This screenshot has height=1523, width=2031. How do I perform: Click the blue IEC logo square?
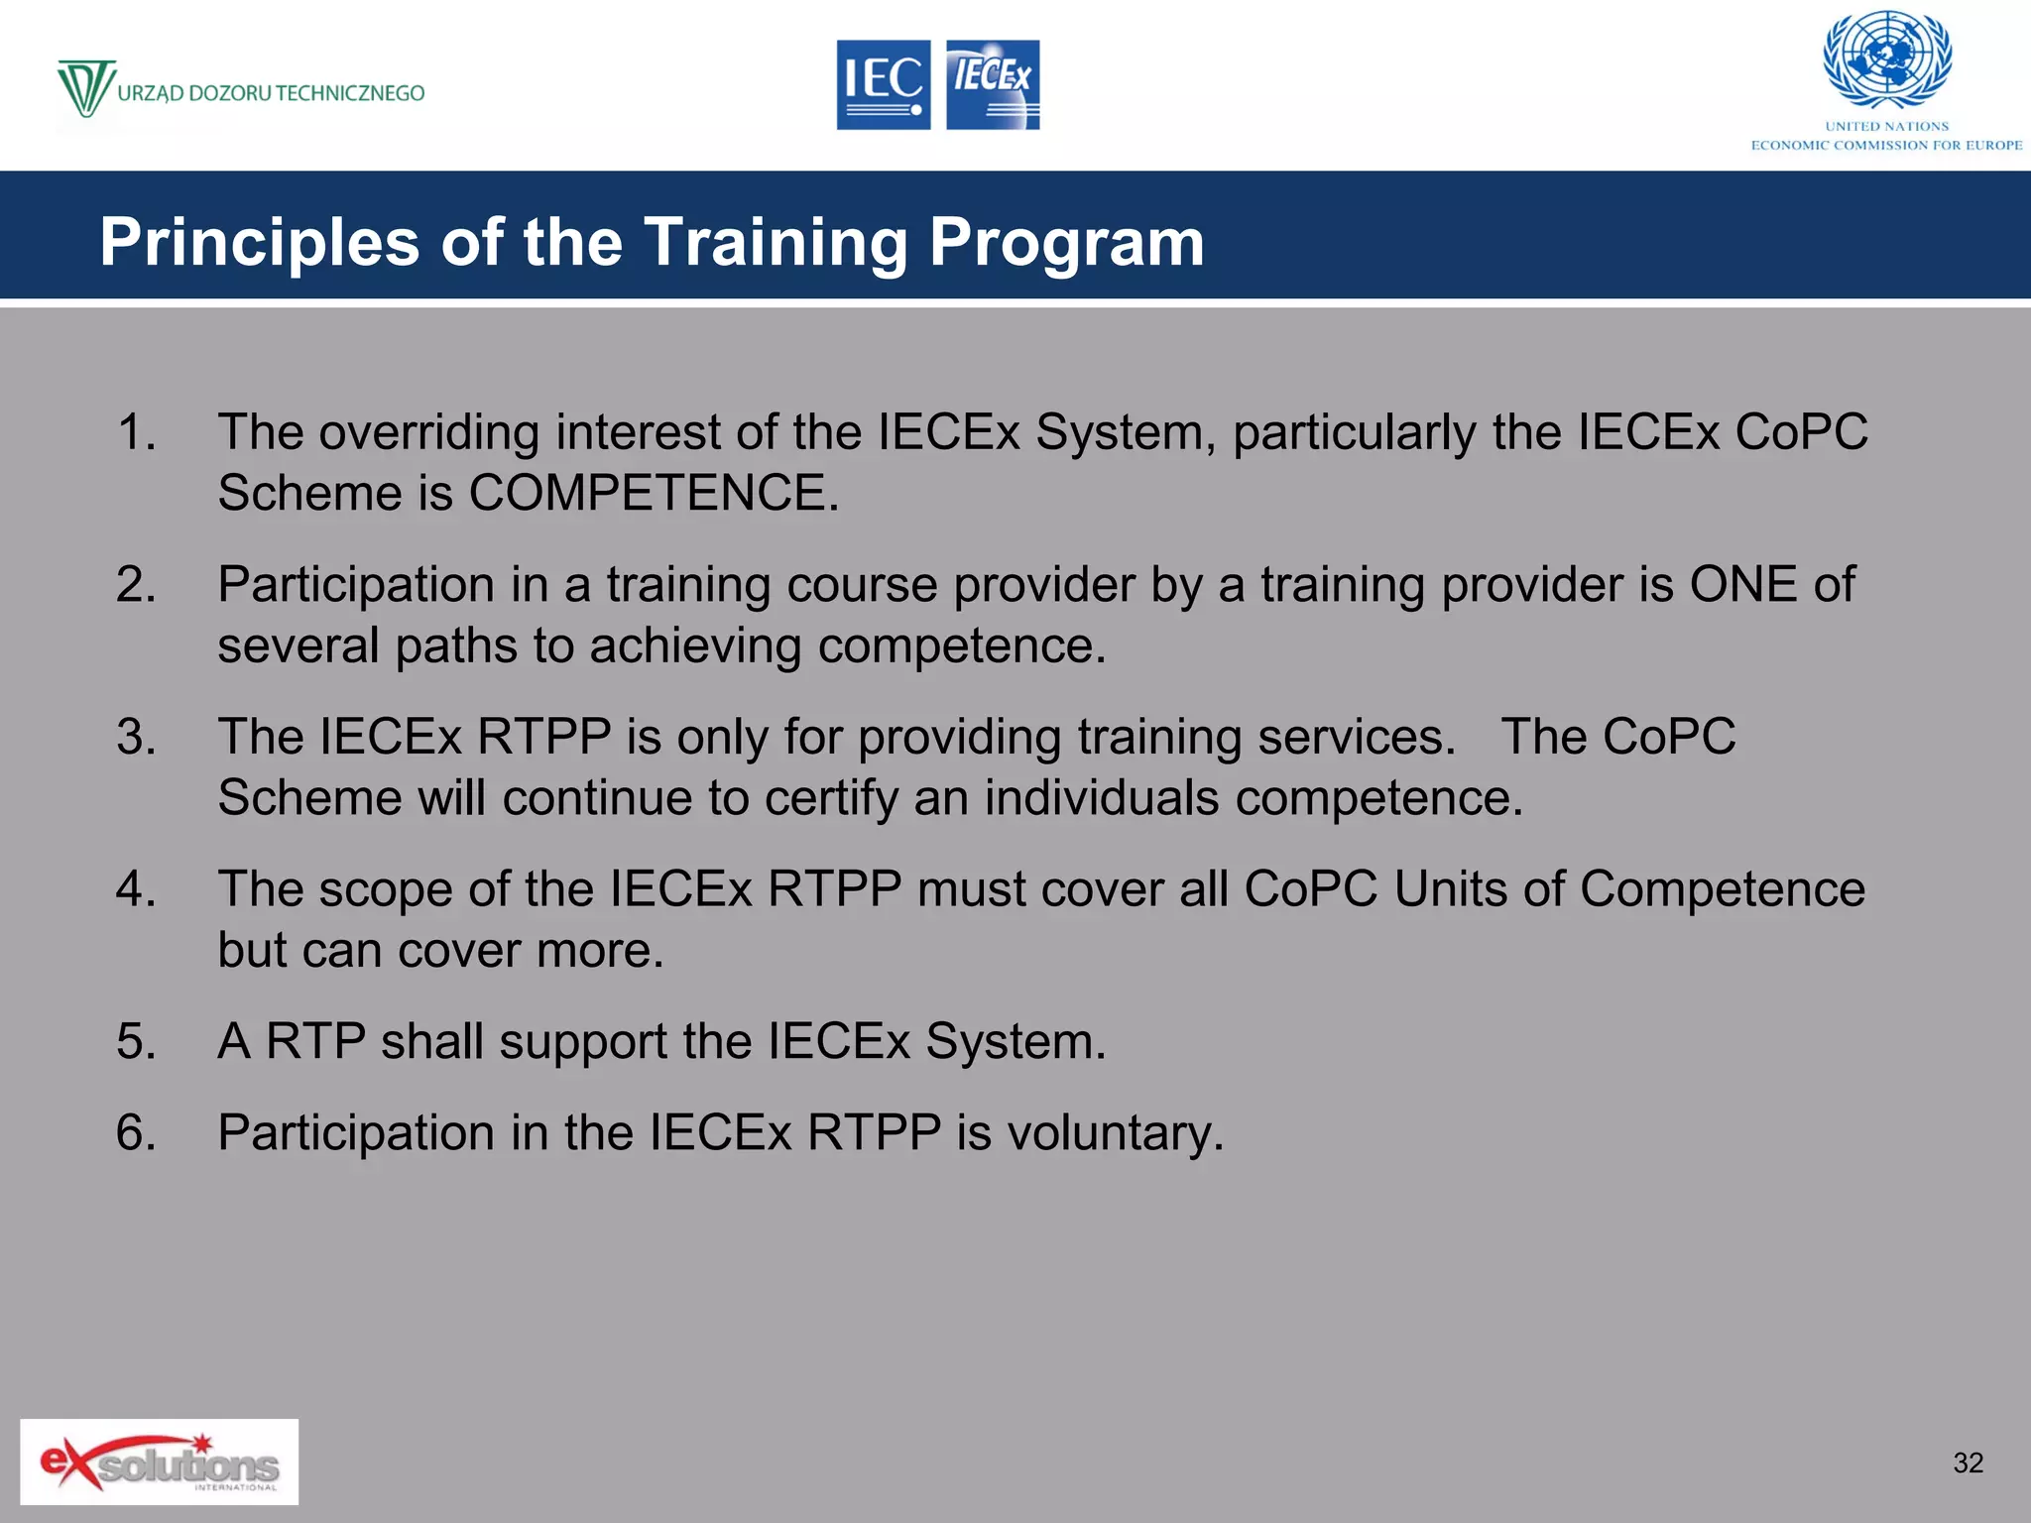(883, 84)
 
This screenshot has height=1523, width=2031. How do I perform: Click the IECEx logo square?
(993, 84)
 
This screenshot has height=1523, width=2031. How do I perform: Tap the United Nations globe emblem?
(1887, 59)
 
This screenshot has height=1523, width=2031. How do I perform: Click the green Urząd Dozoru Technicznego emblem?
(86, 88)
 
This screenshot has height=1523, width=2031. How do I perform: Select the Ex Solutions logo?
(159, 1462)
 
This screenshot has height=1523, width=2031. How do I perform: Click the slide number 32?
(1968, 1463)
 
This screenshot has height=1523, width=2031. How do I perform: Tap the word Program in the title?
(1066, 243)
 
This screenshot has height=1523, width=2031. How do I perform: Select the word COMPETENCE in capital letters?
(654, 493)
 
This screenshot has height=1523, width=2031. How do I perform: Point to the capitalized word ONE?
(1743, 584)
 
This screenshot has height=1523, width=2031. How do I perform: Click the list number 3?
(136, 737)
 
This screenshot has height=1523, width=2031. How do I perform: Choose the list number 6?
(136, 1132)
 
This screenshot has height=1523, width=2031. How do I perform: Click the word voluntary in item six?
(1115, 1132)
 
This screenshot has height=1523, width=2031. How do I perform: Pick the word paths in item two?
(455, 645)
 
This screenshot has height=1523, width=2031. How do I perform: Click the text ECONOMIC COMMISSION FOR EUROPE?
(1886, 145)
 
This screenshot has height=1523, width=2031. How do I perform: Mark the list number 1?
(136, 432)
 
